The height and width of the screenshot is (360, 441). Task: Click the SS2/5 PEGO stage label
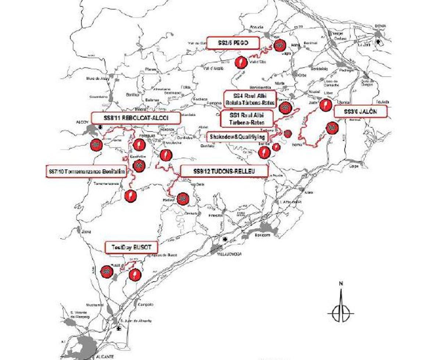[x=233, y=43]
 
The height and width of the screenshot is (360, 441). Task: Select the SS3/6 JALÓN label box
[x=361, y=111]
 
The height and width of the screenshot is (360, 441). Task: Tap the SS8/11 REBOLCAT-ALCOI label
[x=136, y=118]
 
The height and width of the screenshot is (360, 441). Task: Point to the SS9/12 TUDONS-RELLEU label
[x=224, y=171]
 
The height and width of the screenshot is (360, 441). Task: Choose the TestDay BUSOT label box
[x=132, y=247]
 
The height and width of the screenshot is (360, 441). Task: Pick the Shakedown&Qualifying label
[x=237, y=137]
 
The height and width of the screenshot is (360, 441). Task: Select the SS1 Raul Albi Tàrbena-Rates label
[x=247, y=118]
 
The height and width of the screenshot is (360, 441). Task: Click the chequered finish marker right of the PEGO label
[x=280, y=45]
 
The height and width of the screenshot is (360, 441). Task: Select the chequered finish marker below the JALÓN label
[x=332, y=128]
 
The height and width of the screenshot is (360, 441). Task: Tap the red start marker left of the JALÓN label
[x=325, y=105]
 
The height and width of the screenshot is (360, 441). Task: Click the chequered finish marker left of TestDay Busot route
[x=106, y=271]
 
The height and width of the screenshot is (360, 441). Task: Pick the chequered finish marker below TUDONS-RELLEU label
[x=183, y=199]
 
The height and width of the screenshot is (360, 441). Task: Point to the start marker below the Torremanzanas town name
[x=130, y=196]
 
